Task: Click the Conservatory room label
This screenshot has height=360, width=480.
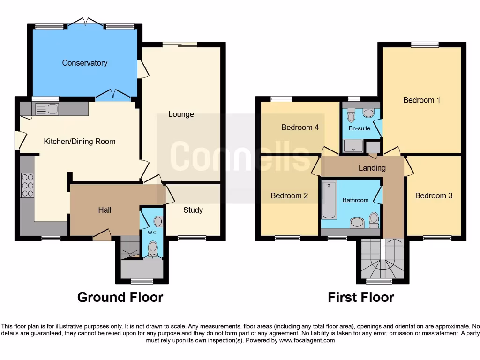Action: point(85,63)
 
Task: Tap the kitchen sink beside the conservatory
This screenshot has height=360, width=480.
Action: point(46,109)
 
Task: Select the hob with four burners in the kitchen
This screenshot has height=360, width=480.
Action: point(28,185)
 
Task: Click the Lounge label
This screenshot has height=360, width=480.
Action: point(181,114)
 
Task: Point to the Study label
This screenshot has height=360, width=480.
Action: point(193,210)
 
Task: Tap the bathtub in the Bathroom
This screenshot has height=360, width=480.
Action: point(329,200)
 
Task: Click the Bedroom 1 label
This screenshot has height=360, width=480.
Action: point(421,100)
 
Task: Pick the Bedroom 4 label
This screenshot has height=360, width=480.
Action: point(300,127)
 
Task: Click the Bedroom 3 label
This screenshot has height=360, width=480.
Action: point(434,195)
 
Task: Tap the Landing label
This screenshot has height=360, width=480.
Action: point(372,167)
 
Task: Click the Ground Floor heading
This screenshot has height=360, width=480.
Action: point(120,297)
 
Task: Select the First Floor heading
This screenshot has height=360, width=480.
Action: point(360,297)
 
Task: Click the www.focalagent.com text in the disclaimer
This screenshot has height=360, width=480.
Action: point(307,340)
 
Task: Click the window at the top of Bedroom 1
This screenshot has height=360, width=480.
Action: point(425,45)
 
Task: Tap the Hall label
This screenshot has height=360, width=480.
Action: point(105,210)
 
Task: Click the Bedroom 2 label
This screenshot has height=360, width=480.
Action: point(289,195)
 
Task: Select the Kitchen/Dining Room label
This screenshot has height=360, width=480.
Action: point(80,141)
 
